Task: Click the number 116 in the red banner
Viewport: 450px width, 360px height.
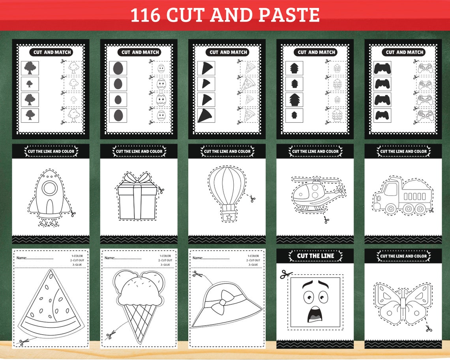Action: point(145,15)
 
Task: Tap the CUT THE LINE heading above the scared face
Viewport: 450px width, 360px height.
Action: point(315,256)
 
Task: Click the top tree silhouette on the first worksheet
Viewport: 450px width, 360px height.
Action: point(30,68)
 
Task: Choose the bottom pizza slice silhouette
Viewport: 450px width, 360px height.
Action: point(206,115)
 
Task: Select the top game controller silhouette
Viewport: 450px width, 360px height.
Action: point(382,68)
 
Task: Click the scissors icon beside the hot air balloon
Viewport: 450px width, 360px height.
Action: point(252,199)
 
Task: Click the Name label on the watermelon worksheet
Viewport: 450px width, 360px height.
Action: point(21,258)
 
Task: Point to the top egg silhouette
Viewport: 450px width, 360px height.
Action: point(118,68)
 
